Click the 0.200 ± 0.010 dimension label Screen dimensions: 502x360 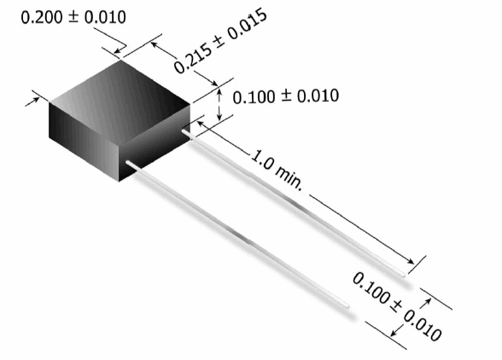pyautogui.click(x=73, y=17)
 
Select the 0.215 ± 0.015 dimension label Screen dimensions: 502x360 pyautogui.click(x=220, y=41)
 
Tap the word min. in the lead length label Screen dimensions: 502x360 pyautogui.click(x=289, y=177)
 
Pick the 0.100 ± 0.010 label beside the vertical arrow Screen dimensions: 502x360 pyautogui.click(x=285, y=96)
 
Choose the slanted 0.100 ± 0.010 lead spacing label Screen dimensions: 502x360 pyautogui.click(x=397, y=306)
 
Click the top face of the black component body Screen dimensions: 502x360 pyautogui.click(x=120, y=98)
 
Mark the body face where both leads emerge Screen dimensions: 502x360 pyautogui.click(x=155, y=142)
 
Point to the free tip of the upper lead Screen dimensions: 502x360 pyautogui.click(x=403, y=275)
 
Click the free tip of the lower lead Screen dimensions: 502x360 pyautogui.click(x=347, y=305)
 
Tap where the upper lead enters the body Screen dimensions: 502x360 pyautogui.click(x=184, y=131)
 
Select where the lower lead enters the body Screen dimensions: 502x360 pyautogui.click(x=128, y=163)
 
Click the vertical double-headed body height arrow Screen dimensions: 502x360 pyautogui.click(x=219, y=105)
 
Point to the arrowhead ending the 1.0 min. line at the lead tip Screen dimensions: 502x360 pyautogui.click(x=411, y=261)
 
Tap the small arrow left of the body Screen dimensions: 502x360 pyautogui.click(x=32, y=102)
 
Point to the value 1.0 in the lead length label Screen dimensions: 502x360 pyautogui.click(x=261, y=160)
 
